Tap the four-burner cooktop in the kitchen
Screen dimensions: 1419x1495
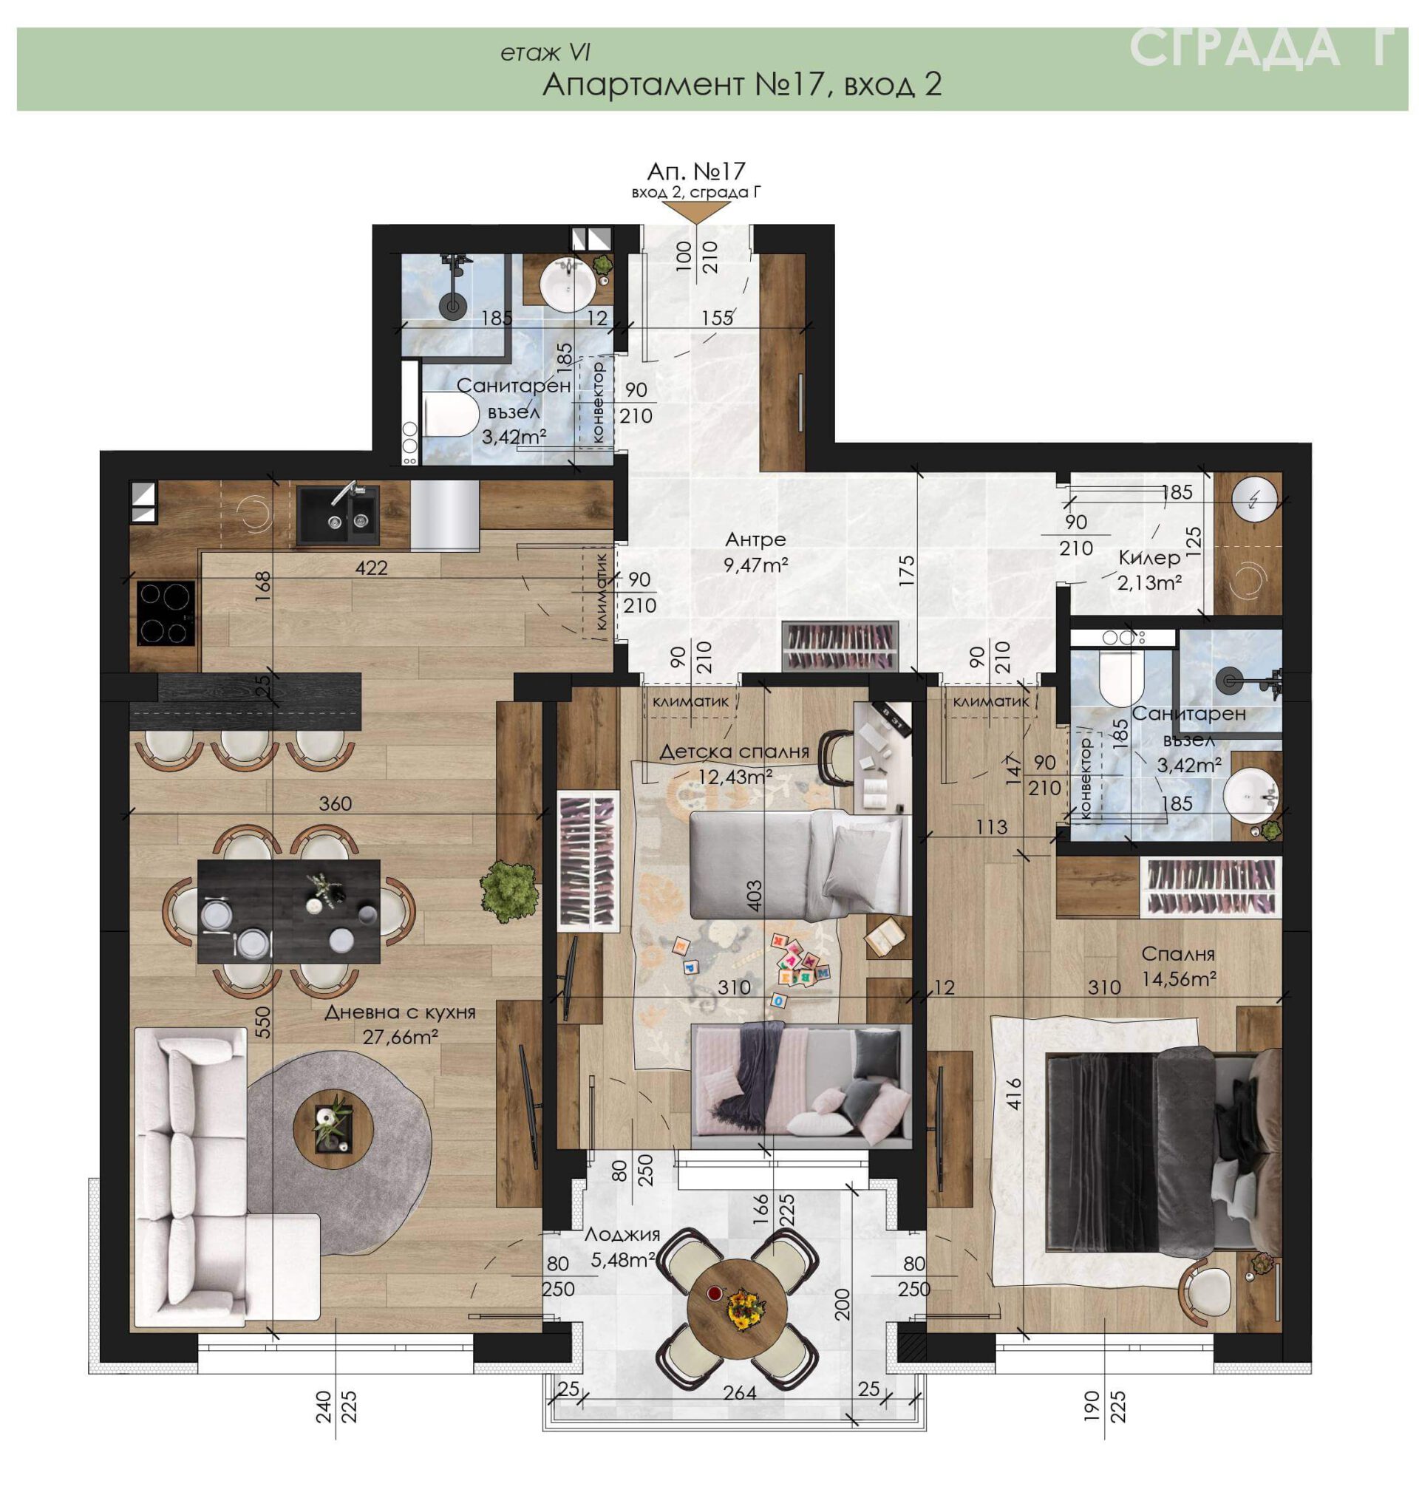(x=166, y=613)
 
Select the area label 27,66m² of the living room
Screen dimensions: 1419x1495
(x=401, y=1036)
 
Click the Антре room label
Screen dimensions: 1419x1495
(x=755, y=540)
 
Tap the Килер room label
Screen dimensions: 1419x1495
(x=1149, y=559)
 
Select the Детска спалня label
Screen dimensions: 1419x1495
(x=734, y=752)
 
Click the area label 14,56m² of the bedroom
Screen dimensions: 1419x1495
(x=1180, y=979)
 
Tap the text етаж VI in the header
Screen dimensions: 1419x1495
(x=545, y=53)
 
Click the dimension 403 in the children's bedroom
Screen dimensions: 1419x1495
(x=754, y=895)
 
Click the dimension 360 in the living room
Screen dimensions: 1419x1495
(x=335, y=804)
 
